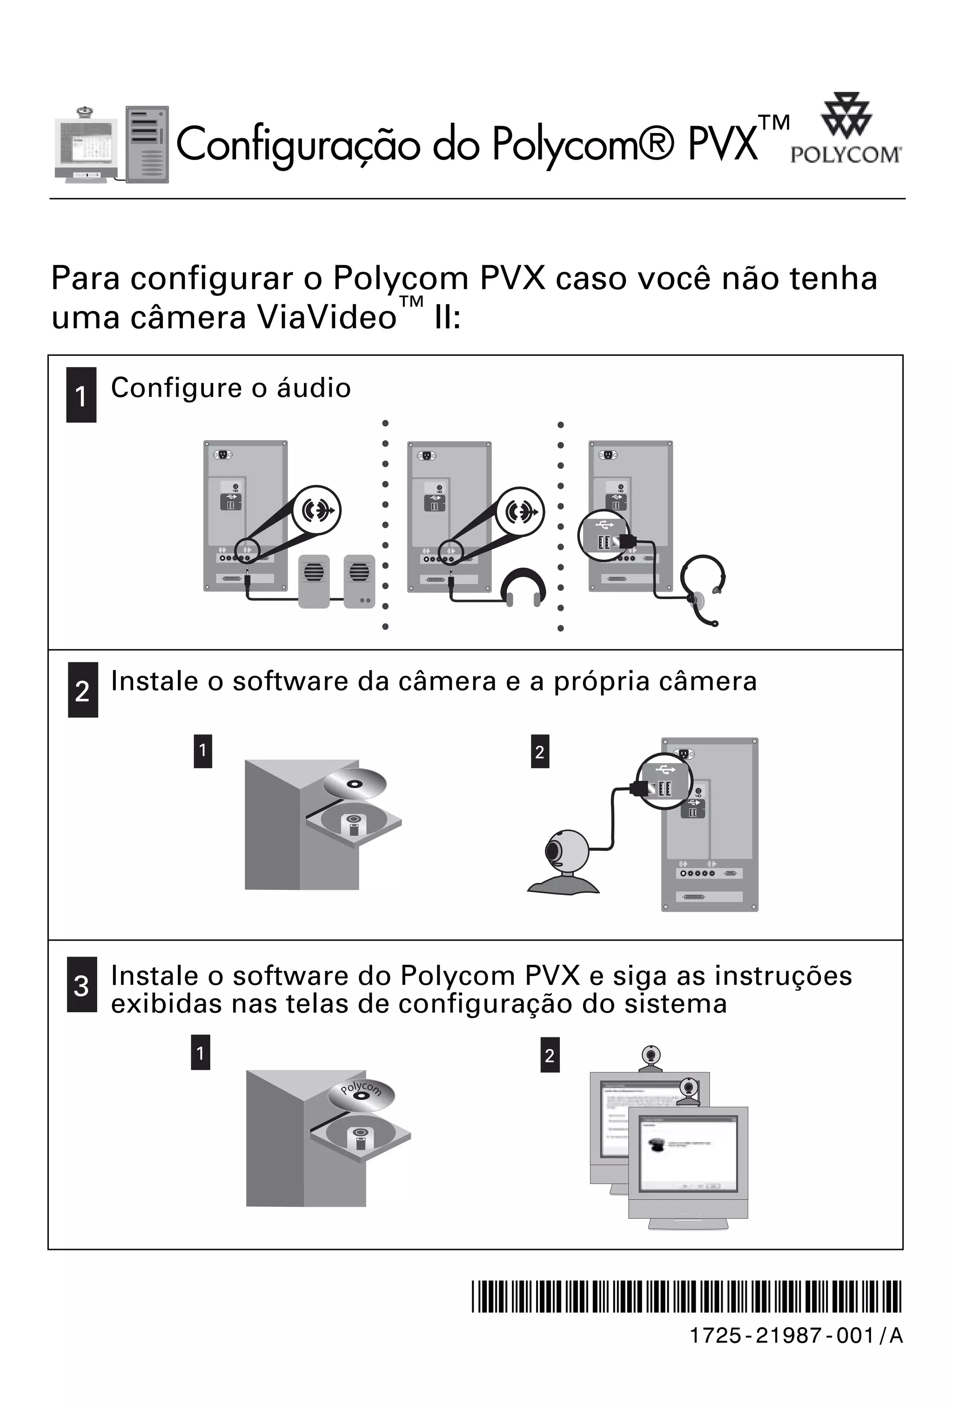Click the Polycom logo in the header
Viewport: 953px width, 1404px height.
click(846, 129)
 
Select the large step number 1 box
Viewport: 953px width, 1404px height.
click(81, 395)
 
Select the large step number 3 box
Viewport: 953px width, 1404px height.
click(81, 985)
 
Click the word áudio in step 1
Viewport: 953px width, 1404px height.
click(314, 388)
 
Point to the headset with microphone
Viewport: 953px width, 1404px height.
click(704, 589)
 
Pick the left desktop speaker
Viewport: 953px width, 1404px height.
click(314, 581)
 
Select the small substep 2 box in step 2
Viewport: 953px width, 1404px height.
click(540, 751)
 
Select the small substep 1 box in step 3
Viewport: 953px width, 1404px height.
click(200, 1052)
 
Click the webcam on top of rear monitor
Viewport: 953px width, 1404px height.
click(650, 1058)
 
